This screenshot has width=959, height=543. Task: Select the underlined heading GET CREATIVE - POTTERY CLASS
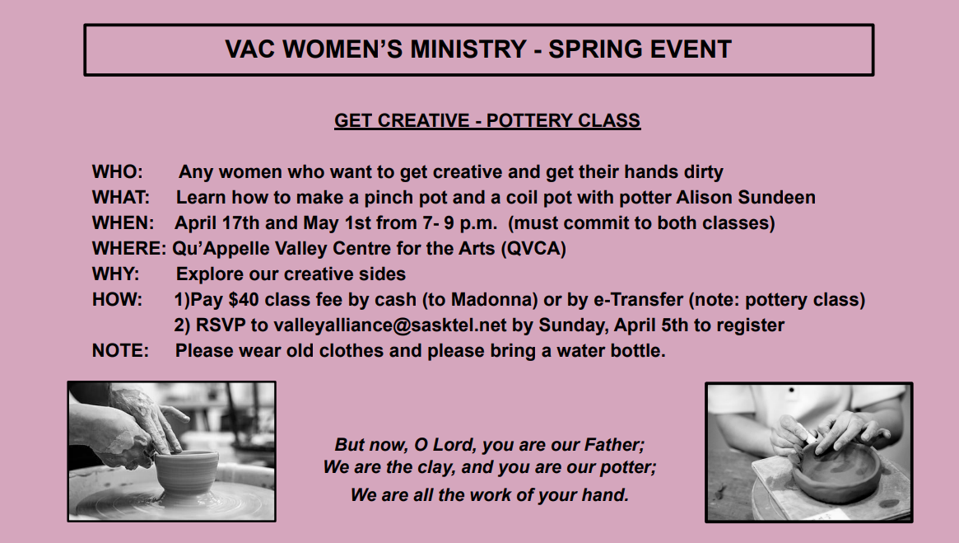tap(487, 120)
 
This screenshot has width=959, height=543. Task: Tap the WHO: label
tap(117, 171)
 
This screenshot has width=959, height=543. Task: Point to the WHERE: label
tap(129, 249)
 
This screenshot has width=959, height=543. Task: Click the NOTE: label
tap(120, 351)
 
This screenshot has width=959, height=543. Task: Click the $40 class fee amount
tap(244, 299)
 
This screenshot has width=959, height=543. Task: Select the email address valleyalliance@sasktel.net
tap(389, 325)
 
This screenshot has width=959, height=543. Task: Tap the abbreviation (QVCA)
tap(533, 249)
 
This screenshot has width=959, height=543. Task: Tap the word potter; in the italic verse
tap(628, 468)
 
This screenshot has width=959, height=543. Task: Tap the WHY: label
tap(115, 274)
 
